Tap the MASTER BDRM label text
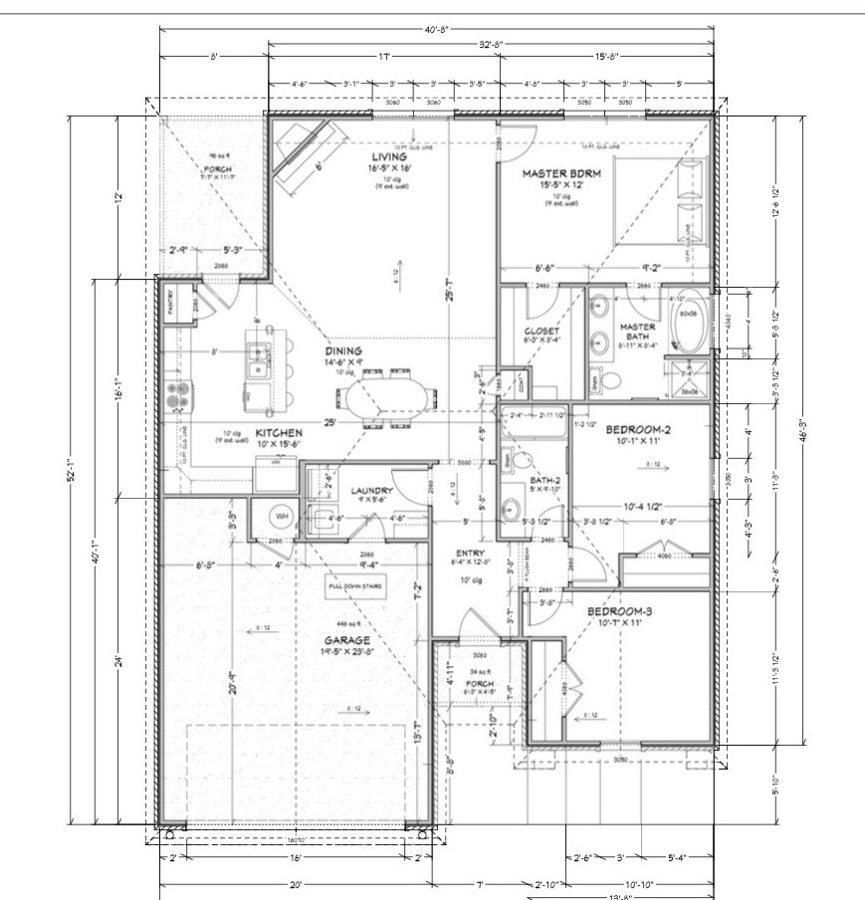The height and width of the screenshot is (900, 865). pyautogui.click(x=559, y=172)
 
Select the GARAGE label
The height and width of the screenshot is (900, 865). pyautogui.click(x=353, y=640)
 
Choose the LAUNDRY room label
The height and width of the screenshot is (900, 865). pyautogui.click(x=372, y=491)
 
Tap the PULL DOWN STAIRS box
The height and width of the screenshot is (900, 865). pyautogui.click(x=355, y=586)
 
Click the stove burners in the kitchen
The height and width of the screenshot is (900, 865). pyautogui.click(x=178, y=396)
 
